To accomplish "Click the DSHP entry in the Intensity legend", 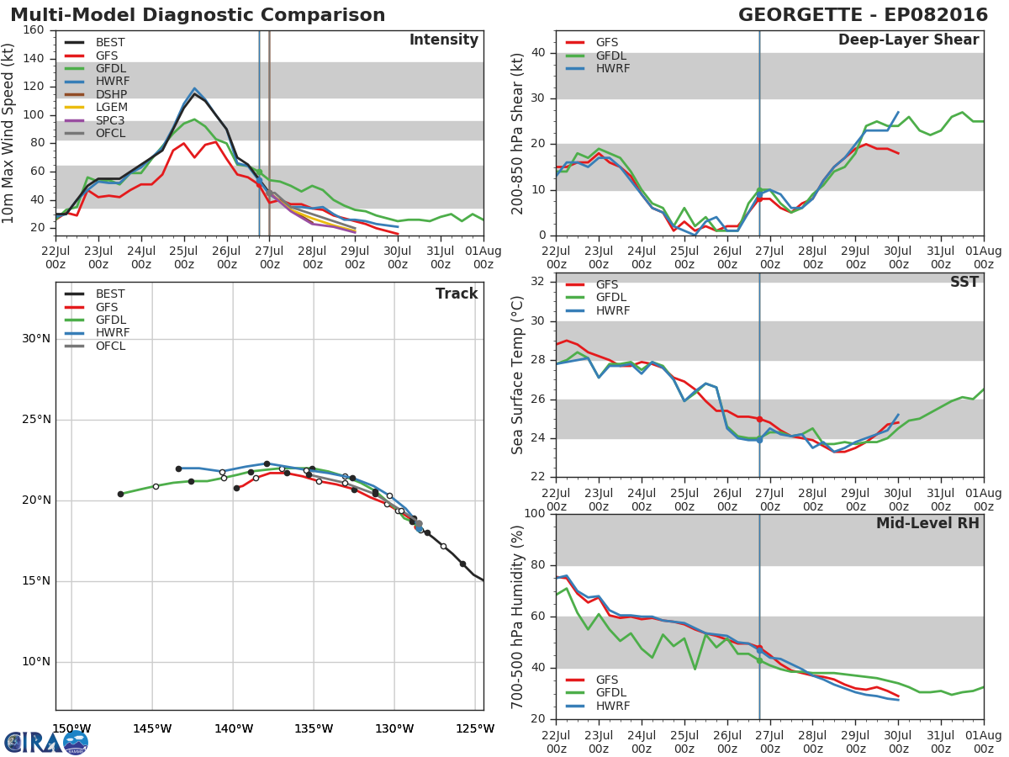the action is (96, 94).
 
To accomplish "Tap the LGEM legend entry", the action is (96, 107).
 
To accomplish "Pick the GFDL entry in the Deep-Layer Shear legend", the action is (596, 56).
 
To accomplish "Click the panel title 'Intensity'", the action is (444, 40).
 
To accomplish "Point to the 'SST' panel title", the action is (964, 282).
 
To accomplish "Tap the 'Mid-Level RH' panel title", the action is (927, 523).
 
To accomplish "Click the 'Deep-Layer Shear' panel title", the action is (908, 40).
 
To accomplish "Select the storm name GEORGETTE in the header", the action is (800, 14).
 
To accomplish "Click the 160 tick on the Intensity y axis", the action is (34, 30).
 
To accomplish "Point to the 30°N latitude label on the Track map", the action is (36, 339).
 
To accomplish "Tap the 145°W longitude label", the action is (152, 728).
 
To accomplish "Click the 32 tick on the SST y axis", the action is (537, 282).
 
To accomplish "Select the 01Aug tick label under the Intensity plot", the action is (483, 257).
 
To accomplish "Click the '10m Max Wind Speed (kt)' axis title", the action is (8, 133).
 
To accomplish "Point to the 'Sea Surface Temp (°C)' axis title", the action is (517, 375).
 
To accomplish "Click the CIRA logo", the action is (46, 743).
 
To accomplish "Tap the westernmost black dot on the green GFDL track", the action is (120, 494).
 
